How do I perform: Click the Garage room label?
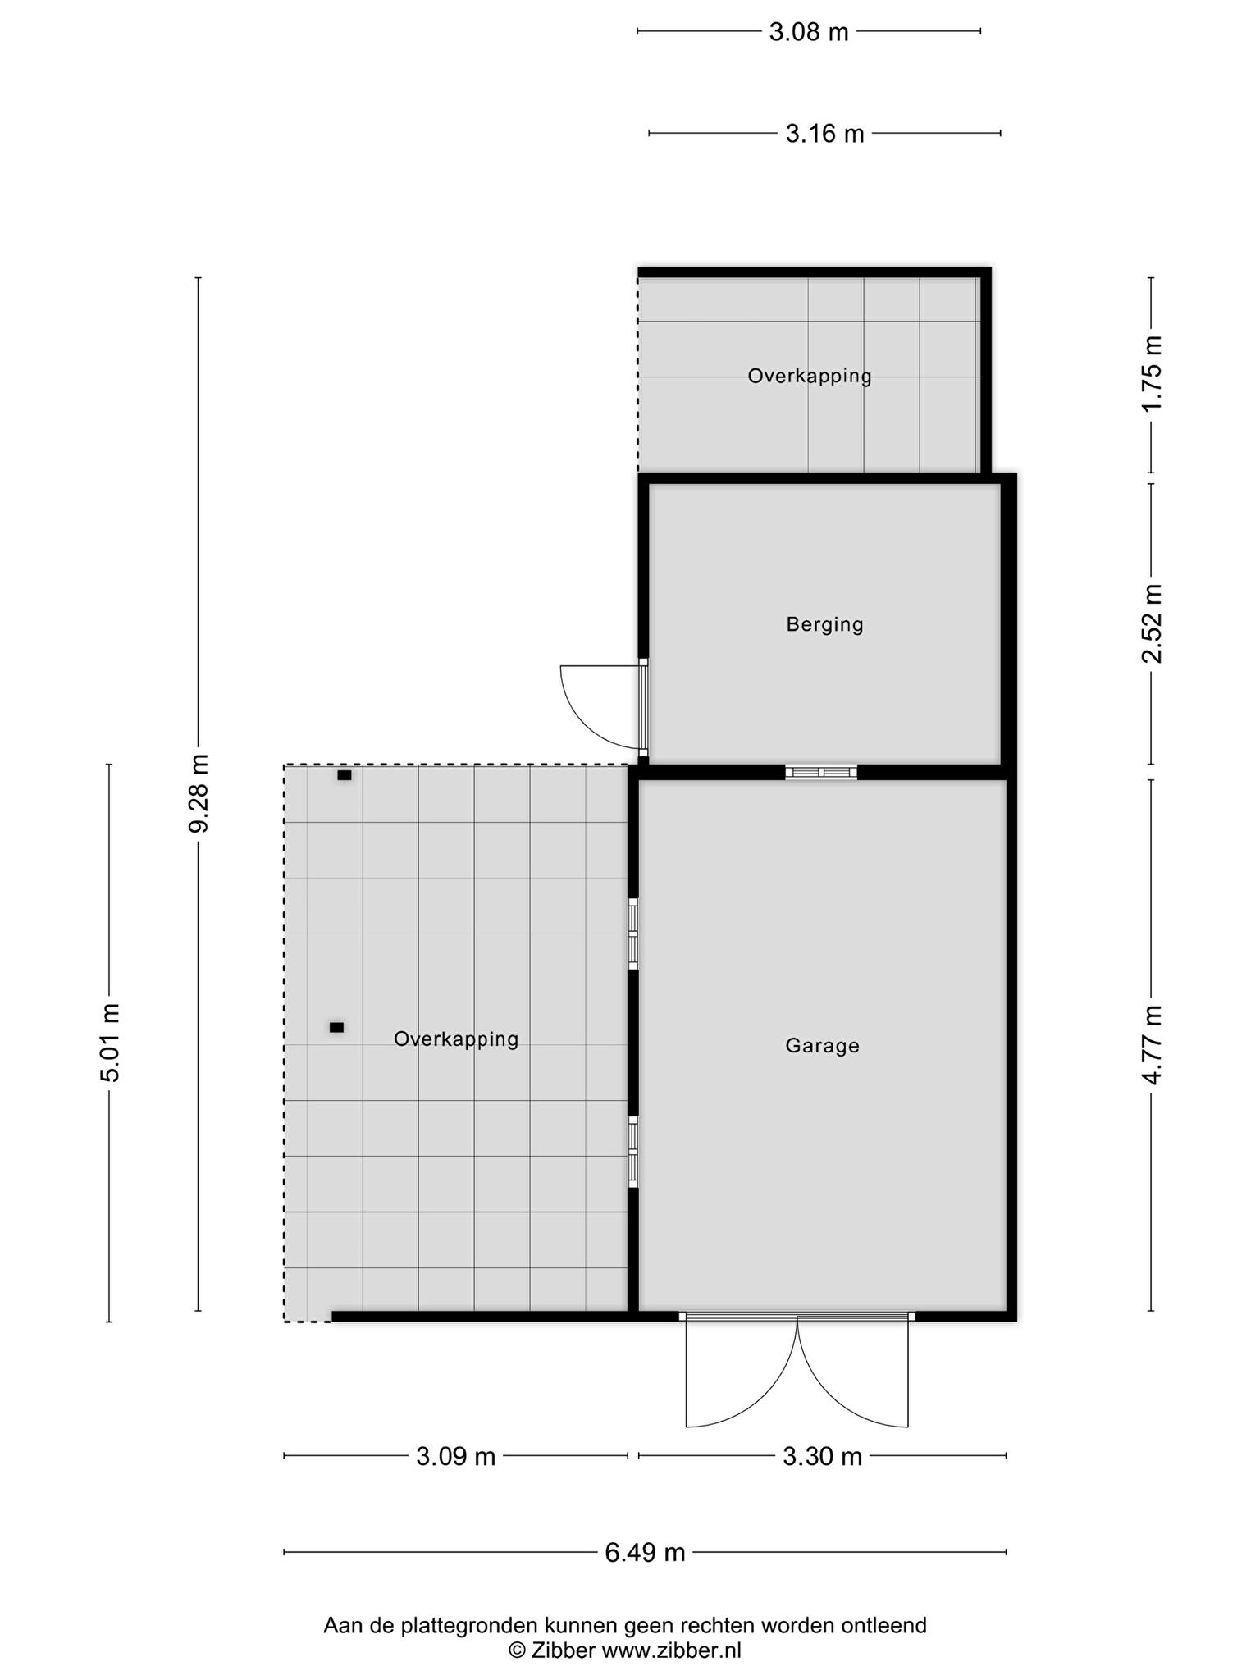click(x=822, y=1046)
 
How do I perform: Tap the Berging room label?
click(x=824, y=625)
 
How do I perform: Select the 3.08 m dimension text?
click(x=808, y=32)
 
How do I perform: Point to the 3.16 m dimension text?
click(x=824, y=133)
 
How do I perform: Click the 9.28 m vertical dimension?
click(x=199, y=793)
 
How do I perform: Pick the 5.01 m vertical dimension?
click(x=110, y=1043)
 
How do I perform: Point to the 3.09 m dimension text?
click(x=456, y=1456)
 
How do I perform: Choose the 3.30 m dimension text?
click(x=822, y=1456)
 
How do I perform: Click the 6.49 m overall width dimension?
click(x=645, y=1552)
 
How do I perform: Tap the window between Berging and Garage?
click(x=821, y=772)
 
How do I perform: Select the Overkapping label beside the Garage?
click(x=456, y=1039)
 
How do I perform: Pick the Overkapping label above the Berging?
click(x=810, y=376)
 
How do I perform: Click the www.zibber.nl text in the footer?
click(x=671, y=1650)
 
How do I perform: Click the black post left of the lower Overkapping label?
click(x=336, y=1027)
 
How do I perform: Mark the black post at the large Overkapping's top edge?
click(x=345, y=775)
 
